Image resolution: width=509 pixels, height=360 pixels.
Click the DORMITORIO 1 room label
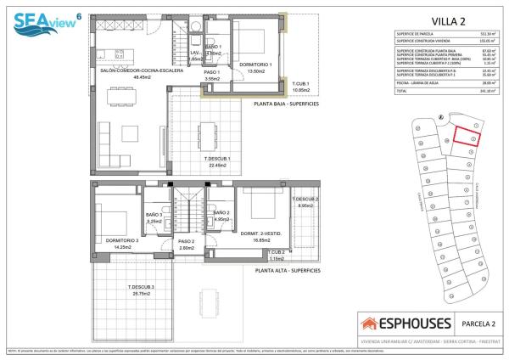[255, 65]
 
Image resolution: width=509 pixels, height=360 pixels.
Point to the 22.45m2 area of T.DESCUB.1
[217, 166]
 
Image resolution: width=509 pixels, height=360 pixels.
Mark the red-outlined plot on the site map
[464, 138]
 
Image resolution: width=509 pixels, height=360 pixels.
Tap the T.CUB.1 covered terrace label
[300, 83]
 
